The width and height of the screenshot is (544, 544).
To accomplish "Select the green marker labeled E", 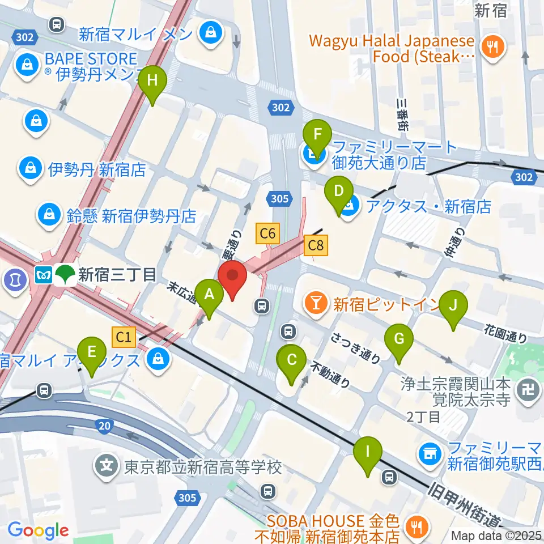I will pos(92,355).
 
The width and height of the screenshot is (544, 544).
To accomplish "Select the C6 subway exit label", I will pos(268,232).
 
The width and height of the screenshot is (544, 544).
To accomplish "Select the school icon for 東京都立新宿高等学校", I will pos(106,467).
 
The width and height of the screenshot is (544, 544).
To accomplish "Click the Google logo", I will pos(38,530).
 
